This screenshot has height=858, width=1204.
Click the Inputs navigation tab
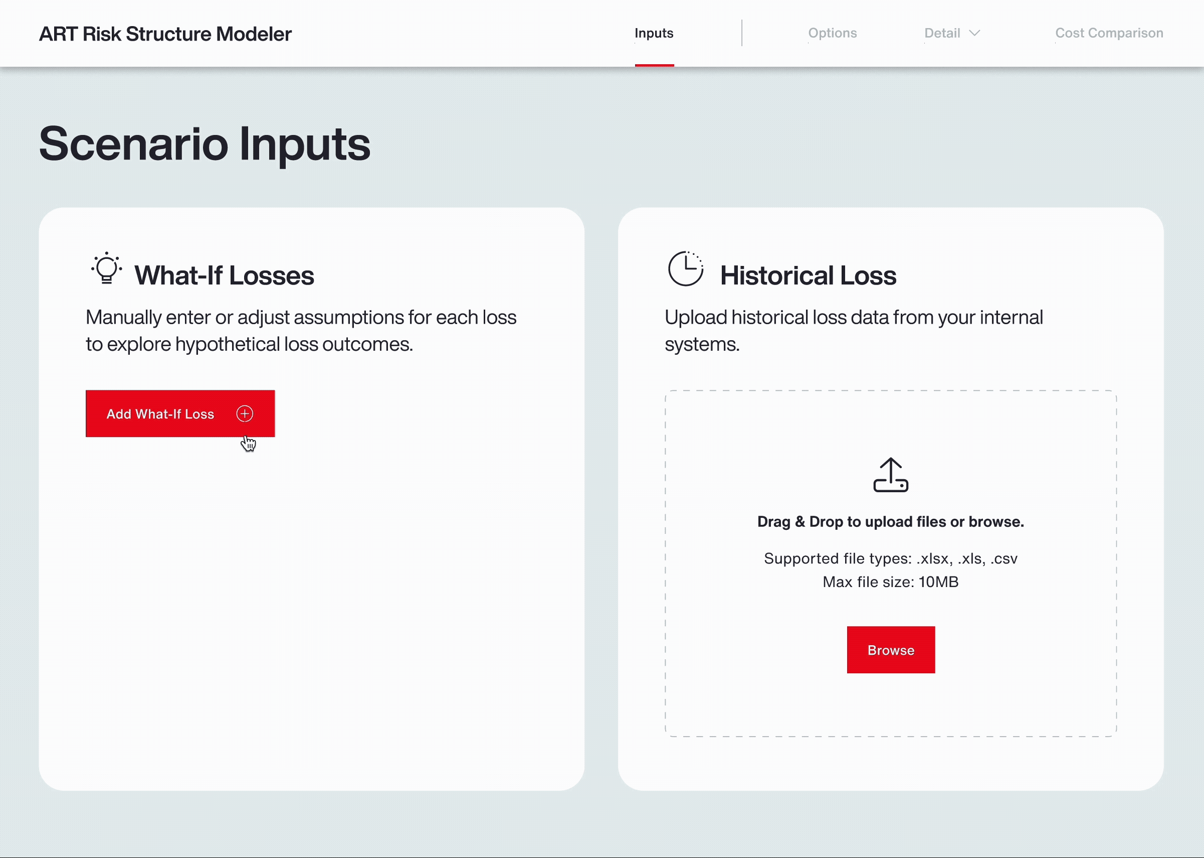pos(654,33)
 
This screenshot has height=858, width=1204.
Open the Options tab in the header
pos(833,33)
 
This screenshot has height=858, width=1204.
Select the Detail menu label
pos(942,33)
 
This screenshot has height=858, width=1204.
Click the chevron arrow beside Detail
pos(974,33)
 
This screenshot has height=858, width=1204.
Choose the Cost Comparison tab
pos(1109,33)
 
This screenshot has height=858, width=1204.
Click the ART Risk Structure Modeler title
pos(165,34)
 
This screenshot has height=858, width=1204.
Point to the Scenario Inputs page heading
pos(205,144)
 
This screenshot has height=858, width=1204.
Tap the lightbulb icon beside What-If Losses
pos(107,268)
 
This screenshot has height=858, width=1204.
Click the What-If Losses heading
pos(225,275)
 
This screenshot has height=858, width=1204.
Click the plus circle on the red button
pos(245,413)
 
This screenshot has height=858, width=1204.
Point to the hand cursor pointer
pos(248,443)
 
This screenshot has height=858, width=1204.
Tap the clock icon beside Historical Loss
pos(686,268)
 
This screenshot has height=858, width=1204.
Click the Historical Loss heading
pos(808,275)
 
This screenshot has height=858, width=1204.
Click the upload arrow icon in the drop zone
pos(891,475)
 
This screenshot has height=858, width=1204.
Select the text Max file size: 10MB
pos(890,582)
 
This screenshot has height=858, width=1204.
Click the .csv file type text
pos(1004,558)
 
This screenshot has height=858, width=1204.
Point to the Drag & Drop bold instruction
pos(890,521)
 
